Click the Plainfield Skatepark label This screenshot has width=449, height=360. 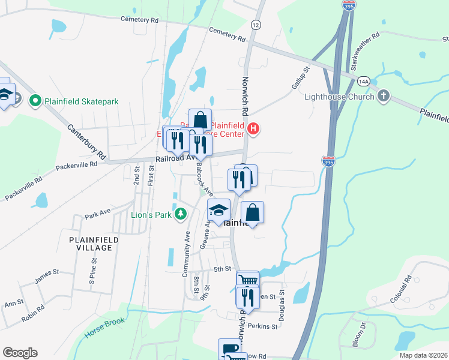[x=81, y=101]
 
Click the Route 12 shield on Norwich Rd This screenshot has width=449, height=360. [x=256, y=25]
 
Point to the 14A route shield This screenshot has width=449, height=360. [x=363, y=80]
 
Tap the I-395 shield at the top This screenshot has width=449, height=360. [x=349, y=4]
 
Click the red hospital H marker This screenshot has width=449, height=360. [x=253, y=128]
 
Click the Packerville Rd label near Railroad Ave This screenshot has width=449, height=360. [x=76, y=165]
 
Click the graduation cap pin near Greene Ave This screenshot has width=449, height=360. [x=219, y=210]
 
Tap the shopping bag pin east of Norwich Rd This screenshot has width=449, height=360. [x=253, y=212]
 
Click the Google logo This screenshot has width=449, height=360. [x=20, y=352]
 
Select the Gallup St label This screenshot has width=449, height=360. [x=300, y=77]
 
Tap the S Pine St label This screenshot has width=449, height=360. [x=92, y=270]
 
